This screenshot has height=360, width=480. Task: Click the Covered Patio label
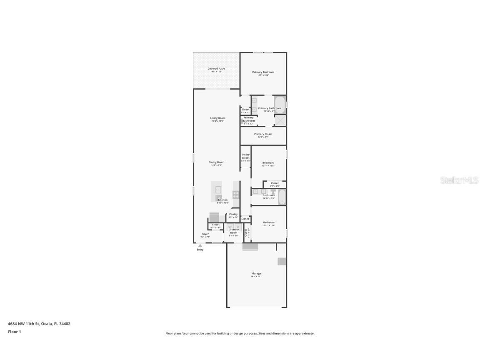pos(216,69)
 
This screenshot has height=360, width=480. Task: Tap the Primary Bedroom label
pos(263,72)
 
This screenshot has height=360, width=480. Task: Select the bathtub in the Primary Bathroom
pos(280,105)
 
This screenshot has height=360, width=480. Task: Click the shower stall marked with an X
pos(280,120)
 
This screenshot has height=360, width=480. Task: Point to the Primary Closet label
pos(263,134)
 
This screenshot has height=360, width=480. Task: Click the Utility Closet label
pos(245,156)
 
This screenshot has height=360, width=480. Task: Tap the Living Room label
pos(217,118)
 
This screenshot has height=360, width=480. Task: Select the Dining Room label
pos(216,162)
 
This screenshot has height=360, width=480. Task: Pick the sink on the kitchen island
pos(218,190)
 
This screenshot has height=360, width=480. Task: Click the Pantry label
pos(233,215)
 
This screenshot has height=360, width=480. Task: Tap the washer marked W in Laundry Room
pos(230,227)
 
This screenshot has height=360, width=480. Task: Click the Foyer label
pos(205,234)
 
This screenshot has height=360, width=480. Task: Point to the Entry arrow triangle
pos(200,245)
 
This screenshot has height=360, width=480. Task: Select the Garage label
pos(256,274)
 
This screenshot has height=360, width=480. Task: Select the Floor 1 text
pos(14,332)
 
